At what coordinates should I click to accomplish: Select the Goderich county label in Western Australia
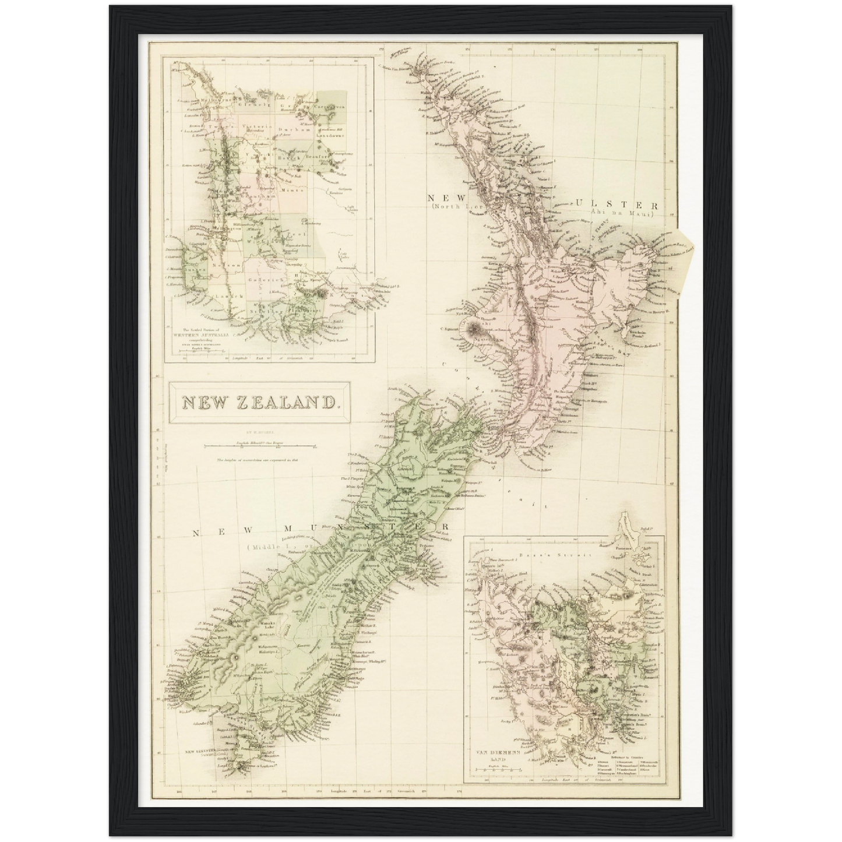click(x=266, y=280)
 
